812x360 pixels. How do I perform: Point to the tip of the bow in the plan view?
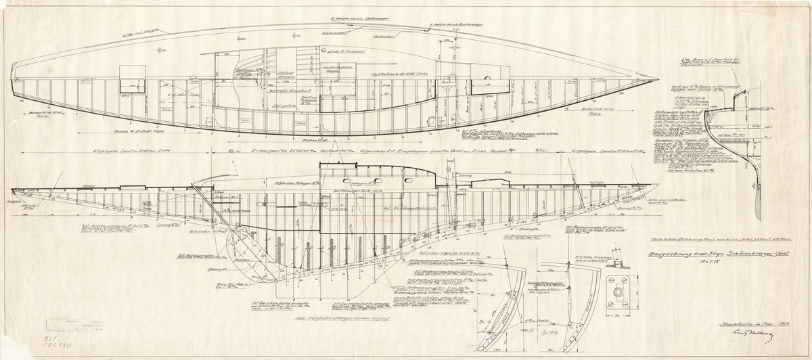coord(659,76)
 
